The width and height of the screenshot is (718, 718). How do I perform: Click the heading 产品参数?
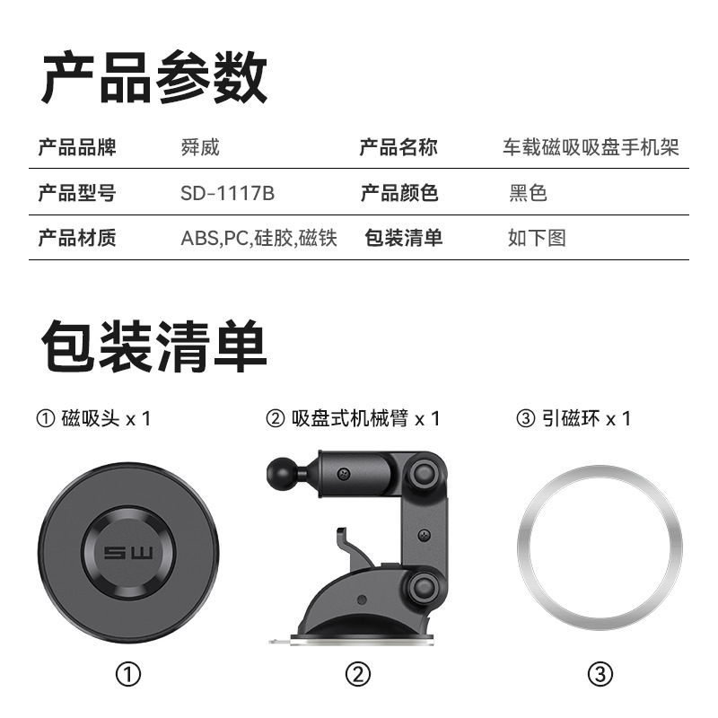(153, 78)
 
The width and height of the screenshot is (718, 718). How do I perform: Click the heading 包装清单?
(153, 346)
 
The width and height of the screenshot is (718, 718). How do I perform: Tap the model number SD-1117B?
(227, 193)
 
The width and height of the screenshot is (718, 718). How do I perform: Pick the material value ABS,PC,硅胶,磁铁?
(258, 239)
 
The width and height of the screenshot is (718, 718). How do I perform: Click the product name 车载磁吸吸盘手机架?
(591, 147)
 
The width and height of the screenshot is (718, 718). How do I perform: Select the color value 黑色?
(528, 193)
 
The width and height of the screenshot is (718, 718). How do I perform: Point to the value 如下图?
(537, 239)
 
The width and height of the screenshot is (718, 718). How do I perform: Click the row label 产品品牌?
(77, 147)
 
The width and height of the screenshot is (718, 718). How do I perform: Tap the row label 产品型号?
(77, 193)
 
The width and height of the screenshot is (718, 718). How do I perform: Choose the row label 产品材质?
(77, 239)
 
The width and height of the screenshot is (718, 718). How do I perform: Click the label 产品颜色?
(399, 193)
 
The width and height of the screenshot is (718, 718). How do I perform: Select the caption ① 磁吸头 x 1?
(93, 418)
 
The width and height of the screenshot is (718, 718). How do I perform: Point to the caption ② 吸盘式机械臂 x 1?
(354, 418)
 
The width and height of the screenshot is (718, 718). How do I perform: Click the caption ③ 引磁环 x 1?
(574, 418)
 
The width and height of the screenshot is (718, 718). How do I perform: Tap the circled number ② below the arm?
(357, 674)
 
